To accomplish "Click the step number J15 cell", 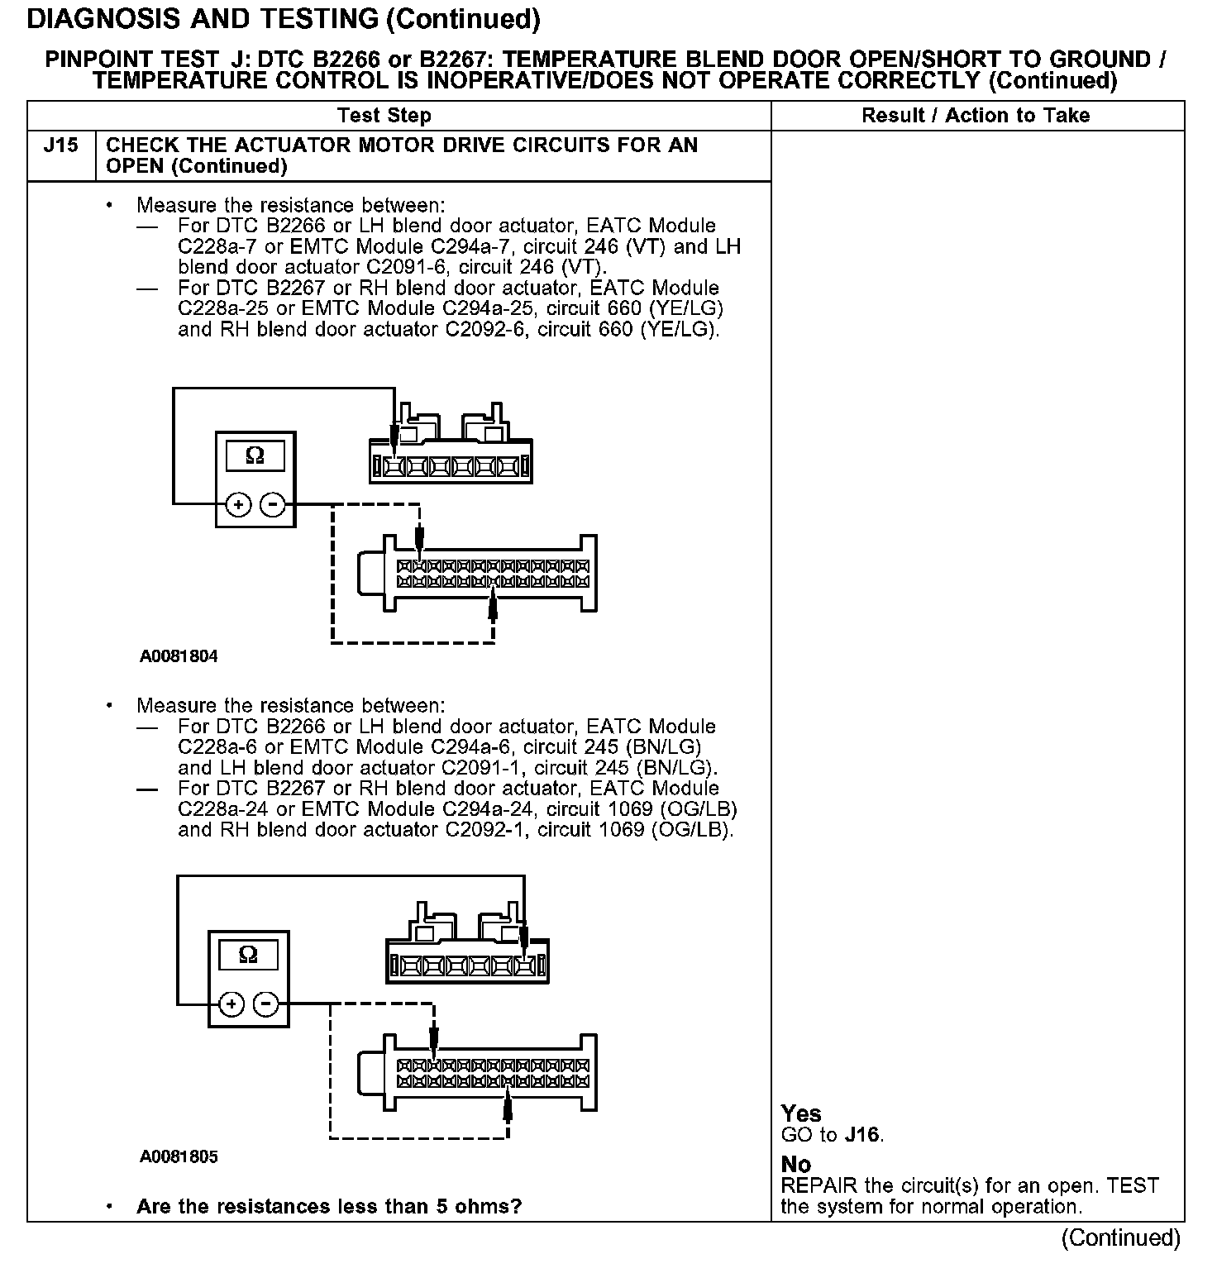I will click(x=61, y=145).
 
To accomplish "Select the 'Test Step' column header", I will click(x=384, y=116).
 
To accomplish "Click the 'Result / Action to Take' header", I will click(x=976, y=116).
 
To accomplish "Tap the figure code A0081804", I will click(x=179, y=657).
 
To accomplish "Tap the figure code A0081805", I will click(x=179, y=1156).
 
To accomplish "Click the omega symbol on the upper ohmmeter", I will click(x=255, y=455).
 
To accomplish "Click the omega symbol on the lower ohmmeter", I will click(x=247, y=956).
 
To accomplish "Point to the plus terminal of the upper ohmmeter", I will click(x=238, y=504).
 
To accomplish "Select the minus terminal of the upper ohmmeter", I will click(x=273, y=504).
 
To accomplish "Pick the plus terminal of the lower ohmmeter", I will click(x=231, y=1004).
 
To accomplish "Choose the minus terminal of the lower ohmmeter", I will click(x=266, y=1004).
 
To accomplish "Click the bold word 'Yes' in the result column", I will click(x=801, y=1113).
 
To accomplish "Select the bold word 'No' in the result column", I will click(x=796, y=1165).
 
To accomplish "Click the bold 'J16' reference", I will click(x=862, y=1135).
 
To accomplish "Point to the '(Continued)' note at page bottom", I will click(x=1121, y=1237).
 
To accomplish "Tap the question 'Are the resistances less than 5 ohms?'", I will click(x=329, y=1206).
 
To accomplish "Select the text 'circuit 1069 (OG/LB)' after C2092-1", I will click(x=635, y=829).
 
